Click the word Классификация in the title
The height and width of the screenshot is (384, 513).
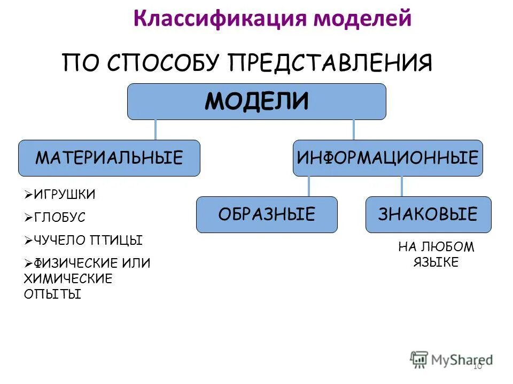coord(220,19)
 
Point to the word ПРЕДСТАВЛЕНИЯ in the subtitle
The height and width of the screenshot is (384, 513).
coord(330,63)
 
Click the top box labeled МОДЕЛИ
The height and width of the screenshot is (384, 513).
coord(256,101)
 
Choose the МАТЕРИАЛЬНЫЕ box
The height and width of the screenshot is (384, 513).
coord(109,158)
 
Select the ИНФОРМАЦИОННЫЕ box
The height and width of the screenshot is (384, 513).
coord(387,158)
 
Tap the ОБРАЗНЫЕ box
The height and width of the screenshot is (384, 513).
coord(267,214)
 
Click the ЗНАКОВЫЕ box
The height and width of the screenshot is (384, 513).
coord(428,214)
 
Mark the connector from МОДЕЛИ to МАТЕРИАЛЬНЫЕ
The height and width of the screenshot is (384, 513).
coord(156,130)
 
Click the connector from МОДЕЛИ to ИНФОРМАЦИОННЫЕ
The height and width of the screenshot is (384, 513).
coord(353,130)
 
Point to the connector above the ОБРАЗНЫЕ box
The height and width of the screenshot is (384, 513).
coord(309,186)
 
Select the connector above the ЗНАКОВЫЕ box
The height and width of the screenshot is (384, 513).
coord(401,186)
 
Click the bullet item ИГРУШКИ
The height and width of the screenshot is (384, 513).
coord(65,195)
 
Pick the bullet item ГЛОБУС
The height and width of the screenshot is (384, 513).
coord(59,218)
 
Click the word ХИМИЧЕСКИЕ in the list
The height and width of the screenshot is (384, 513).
coord(68,278)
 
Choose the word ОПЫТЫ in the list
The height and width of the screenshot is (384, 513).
coord(52,294)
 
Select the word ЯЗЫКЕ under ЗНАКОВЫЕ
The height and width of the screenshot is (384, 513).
coord(436,262)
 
